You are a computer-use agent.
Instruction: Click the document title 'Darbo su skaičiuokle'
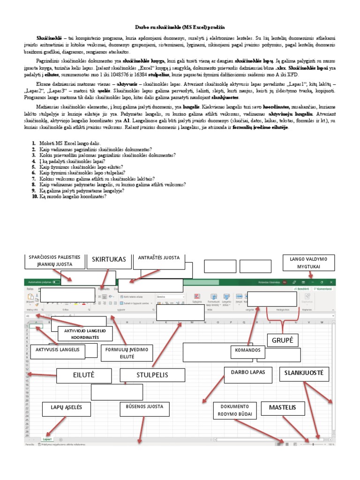pos(180,28)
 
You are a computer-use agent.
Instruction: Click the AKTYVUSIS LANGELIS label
pos(58,350)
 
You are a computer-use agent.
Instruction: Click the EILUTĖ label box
pos(84,375)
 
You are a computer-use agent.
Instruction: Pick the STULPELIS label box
pos(152,375)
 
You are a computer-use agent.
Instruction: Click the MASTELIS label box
pos(283,407)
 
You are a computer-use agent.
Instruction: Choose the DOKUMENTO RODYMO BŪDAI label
pos(235,411)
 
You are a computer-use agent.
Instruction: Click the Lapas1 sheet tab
pos(47,439)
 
